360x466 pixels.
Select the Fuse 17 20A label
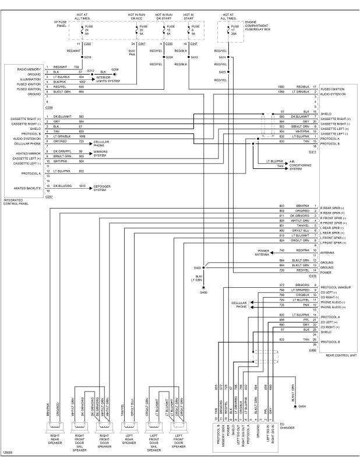(x=234, y=30)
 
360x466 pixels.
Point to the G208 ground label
(x=115, y=69)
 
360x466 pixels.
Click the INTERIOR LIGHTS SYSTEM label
(x=108, y=79)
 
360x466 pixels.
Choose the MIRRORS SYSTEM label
(x=101, y=153)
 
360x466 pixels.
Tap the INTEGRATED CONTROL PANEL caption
(x=16, y=202)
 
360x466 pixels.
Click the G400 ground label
(x=203, y=292)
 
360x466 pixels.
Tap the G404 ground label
(x=302, y=407)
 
